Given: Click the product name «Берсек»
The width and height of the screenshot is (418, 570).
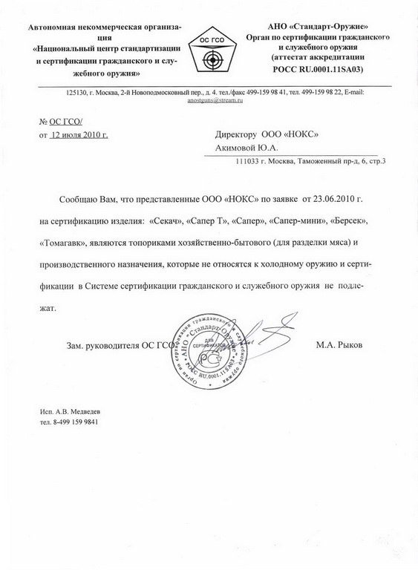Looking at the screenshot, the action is coord(342,221).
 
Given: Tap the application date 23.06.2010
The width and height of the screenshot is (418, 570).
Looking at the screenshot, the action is coord(343,200).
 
